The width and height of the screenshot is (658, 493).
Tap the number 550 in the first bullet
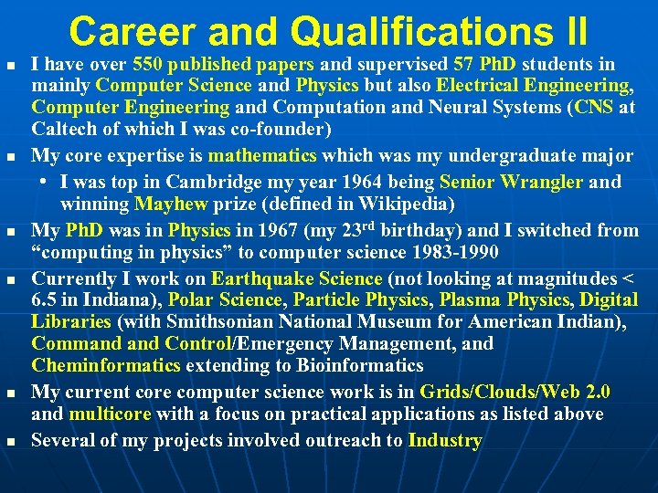pyautogui.click(x=147, y=65)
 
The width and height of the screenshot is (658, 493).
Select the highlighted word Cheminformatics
pyautogui.click(x=106, y=366)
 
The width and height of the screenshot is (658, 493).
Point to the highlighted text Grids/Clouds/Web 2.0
pyautogui.click(x=515, y=393)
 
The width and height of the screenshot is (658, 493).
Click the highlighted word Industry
pyautogui.click(x=445, y=441)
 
